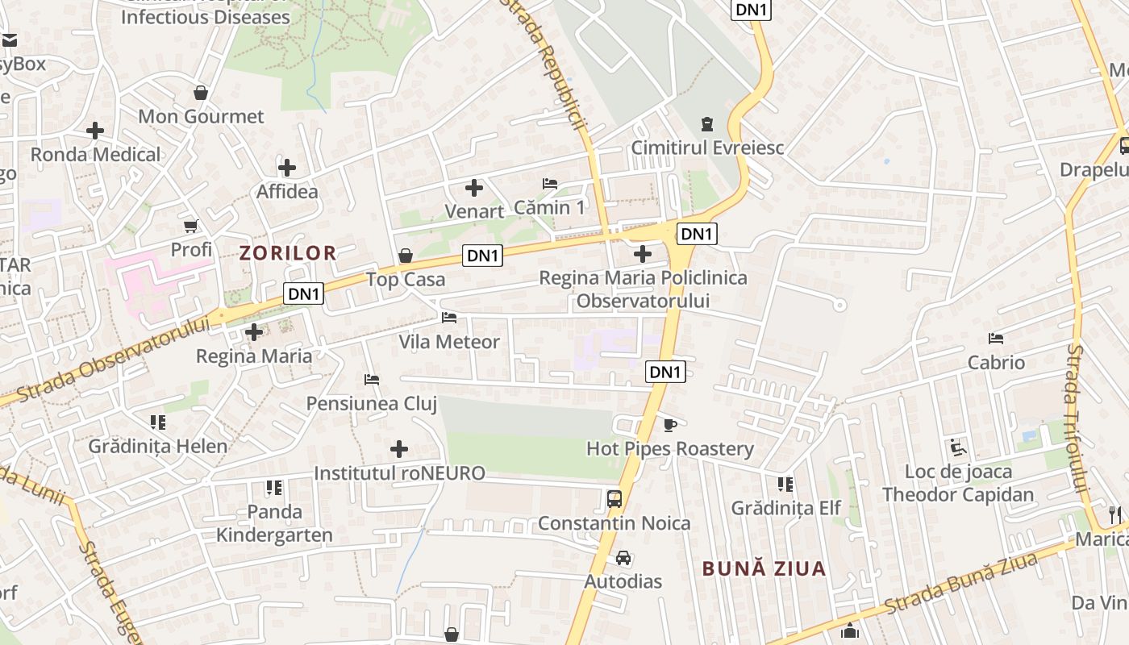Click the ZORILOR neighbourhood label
(x=288, y=253)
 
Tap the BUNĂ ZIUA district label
(x=764, y=568)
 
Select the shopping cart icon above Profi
(x=191, y=226)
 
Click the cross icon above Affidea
(x=287, y=168)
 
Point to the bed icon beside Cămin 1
(x=550, y=184)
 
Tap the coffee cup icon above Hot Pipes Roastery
(x=669, y=424)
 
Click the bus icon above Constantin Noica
(x=614, y=498)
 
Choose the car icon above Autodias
(x=623, y=557)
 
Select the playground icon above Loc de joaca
(x=958, y=447)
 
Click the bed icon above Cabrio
(x=996, y=339)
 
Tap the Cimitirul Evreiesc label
(x=707, y=148)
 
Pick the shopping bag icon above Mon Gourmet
(x=201, y=93)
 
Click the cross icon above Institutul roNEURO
(x=399, y=449)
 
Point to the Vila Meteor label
(x=449, y=342)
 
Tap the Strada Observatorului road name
(x=113, y=360)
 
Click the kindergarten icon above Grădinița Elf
(x=785, y=484)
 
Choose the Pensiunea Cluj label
(x=372, y=403)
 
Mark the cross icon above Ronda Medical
(x=95, y=130)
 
